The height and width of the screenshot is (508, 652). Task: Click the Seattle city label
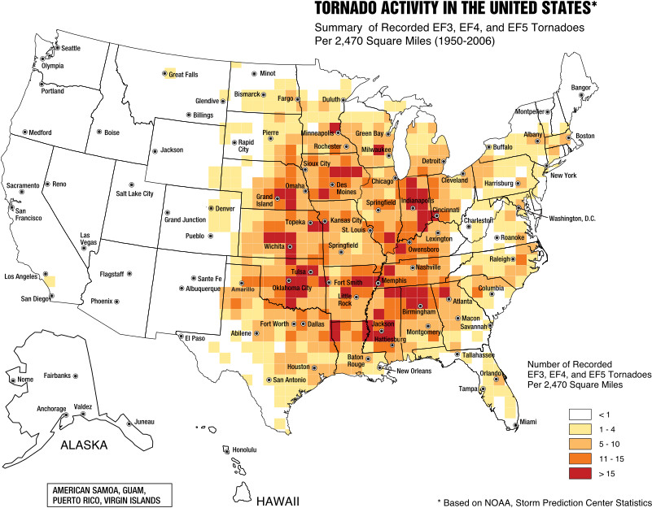point(72,48)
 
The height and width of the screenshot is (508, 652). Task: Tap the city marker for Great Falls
point(164,74)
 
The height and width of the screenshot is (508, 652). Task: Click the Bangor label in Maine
point(580,87)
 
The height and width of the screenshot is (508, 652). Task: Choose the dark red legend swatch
point(580,473)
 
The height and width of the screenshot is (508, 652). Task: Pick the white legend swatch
point(580,415)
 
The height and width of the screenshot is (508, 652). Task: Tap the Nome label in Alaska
point(26,379)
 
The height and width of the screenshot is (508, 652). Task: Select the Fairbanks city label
point(57,376)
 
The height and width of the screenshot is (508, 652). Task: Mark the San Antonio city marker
point(269,380)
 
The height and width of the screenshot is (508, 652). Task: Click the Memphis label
point(393,280)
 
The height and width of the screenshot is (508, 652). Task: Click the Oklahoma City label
point(291,288)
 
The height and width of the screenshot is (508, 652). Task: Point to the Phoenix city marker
point(117,302)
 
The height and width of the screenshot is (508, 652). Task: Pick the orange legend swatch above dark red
point(580,458)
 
